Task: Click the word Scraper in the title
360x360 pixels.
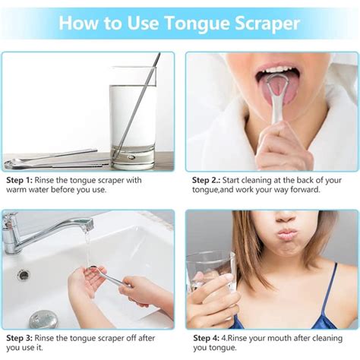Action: [267, 24]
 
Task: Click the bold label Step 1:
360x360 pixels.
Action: [20, 180]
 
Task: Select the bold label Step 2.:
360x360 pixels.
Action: [206, 180]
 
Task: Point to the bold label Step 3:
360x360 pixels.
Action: [20, 338]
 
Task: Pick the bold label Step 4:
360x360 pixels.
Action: [207, 338]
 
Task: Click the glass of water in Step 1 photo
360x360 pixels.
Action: [132, 118]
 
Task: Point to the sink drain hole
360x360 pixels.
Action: [24, 275]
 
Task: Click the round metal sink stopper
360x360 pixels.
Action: [43, 320]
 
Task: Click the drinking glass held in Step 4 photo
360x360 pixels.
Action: [211, 272]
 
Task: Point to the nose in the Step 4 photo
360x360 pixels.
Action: [286, 216]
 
